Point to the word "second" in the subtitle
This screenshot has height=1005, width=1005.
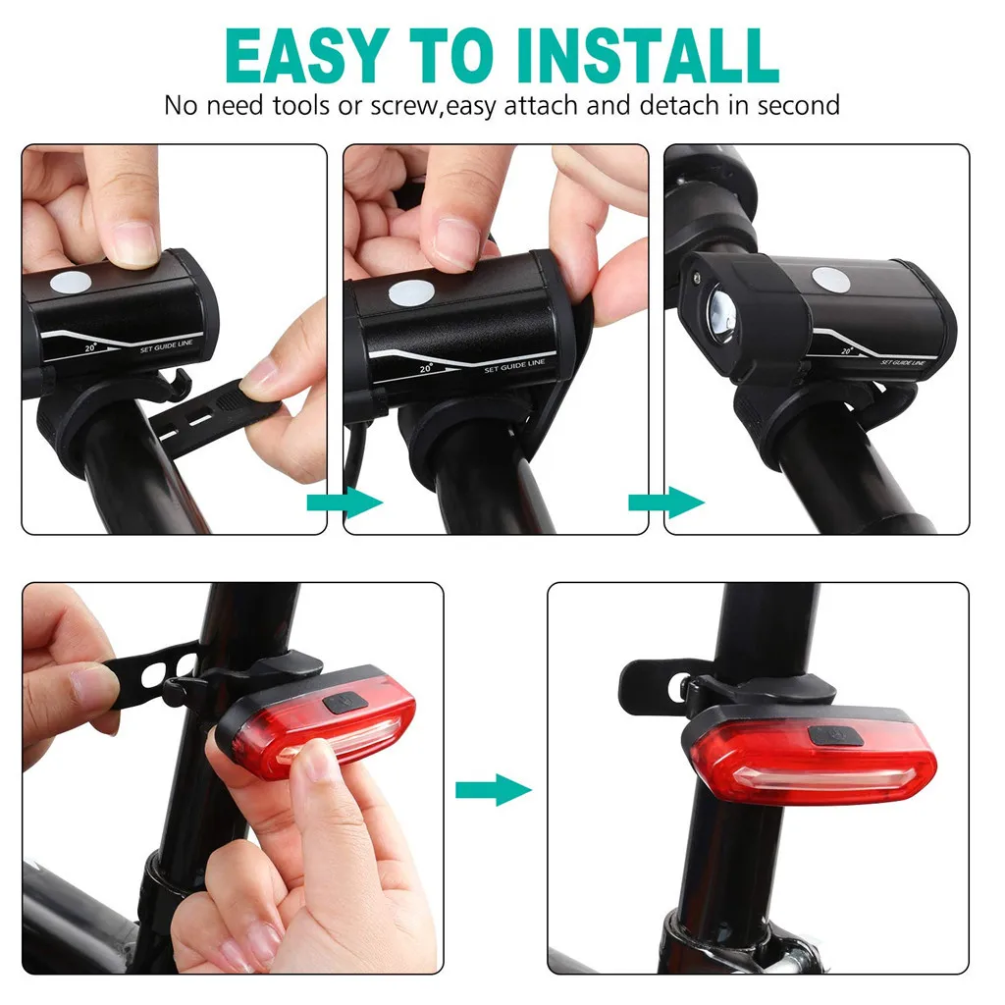point(793,105)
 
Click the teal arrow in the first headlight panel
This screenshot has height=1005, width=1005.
point(344,502)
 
